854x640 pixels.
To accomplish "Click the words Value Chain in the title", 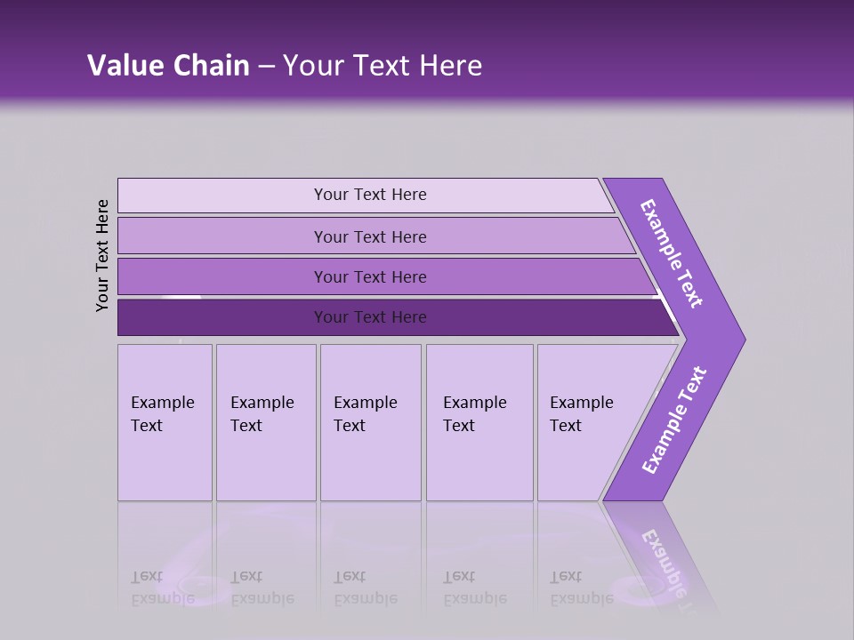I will (168, 66).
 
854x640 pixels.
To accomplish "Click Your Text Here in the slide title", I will (383, 66).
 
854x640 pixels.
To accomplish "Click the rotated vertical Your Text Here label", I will (102, 255).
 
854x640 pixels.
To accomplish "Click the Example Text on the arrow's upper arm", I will (672, 253).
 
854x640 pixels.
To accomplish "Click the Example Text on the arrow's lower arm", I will (674, 420).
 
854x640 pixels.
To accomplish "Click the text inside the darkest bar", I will (370, 317).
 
